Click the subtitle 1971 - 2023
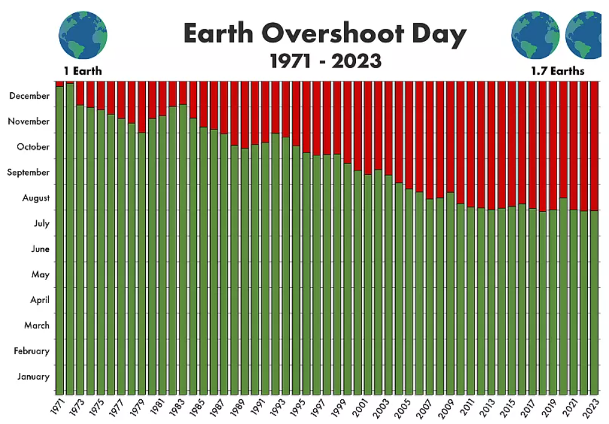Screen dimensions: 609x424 pos(325,61)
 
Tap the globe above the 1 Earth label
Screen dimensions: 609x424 pos(83,35)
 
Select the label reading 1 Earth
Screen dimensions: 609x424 pos(83,71)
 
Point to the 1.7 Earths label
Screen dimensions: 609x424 pos(558,71)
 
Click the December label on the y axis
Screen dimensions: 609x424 pos(30,96)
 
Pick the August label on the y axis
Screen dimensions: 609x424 pos(36,198)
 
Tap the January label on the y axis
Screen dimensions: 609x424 pos(33,376)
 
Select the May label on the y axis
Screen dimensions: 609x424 pos(40,275)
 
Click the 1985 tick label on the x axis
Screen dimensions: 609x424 pos(198,408)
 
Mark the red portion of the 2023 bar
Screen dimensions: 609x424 pos(594,146)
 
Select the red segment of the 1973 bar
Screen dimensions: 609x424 pos(80,93)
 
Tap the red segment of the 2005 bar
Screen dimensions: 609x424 pos(409,135)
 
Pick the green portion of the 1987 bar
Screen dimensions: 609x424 pos(224,264)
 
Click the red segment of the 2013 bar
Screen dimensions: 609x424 pos(492,146)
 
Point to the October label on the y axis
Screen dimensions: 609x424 pos(33,147)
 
